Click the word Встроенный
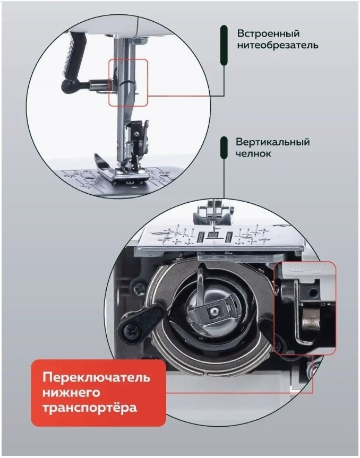(x=268, y=33)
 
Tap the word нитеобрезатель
(x=277, y=46)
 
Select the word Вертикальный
(x=272, y=142)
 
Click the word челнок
(x=253, y=154)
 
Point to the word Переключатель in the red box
(x=97, y=377)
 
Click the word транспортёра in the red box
(x=90, y=408)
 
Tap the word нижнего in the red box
(x=71, y=392)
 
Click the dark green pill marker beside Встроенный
(x=224, y=45)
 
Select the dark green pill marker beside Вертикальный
(x=224, y=148)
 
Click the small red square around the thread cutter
(x=128, y=82)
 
